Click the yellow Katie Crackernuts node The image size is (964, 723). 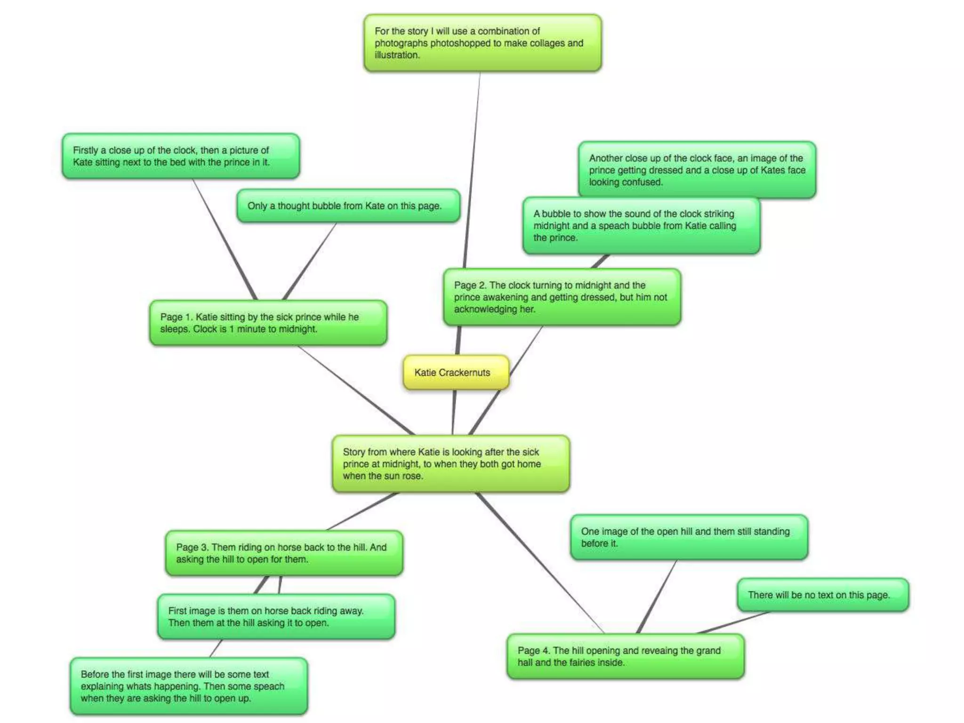coord(456,372)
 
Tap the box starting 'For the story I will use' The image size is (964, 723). coord(482,43)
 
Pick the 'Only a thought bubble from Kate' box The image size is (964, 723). coord(348,206)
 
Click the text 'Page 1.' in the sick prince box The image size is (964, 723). coord(177,317)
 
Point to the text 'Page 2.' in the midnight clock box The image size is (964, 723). coord(470,285)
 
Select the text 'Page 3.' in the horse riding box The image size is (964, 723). coord(193,547)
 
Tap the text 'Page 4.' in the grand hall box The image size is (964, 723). coord(534,651)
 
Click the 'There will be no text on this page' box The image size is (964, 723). coord(823,595)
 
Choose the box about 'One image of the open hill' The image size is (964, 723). coord(689,537)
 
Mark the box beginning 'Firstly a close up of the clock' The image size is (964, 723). coord(181,156)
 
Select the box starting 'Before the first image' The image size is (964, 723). coord(189,686)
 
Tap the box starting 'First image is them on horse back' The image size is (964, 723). coord(276,617)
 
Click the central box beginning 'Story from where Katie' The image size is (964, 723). coord(450,464)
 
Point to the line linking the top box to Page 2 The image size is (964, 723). coord(472,169)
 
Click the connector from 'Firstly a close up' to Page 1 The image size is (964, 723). coord(224,239)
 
